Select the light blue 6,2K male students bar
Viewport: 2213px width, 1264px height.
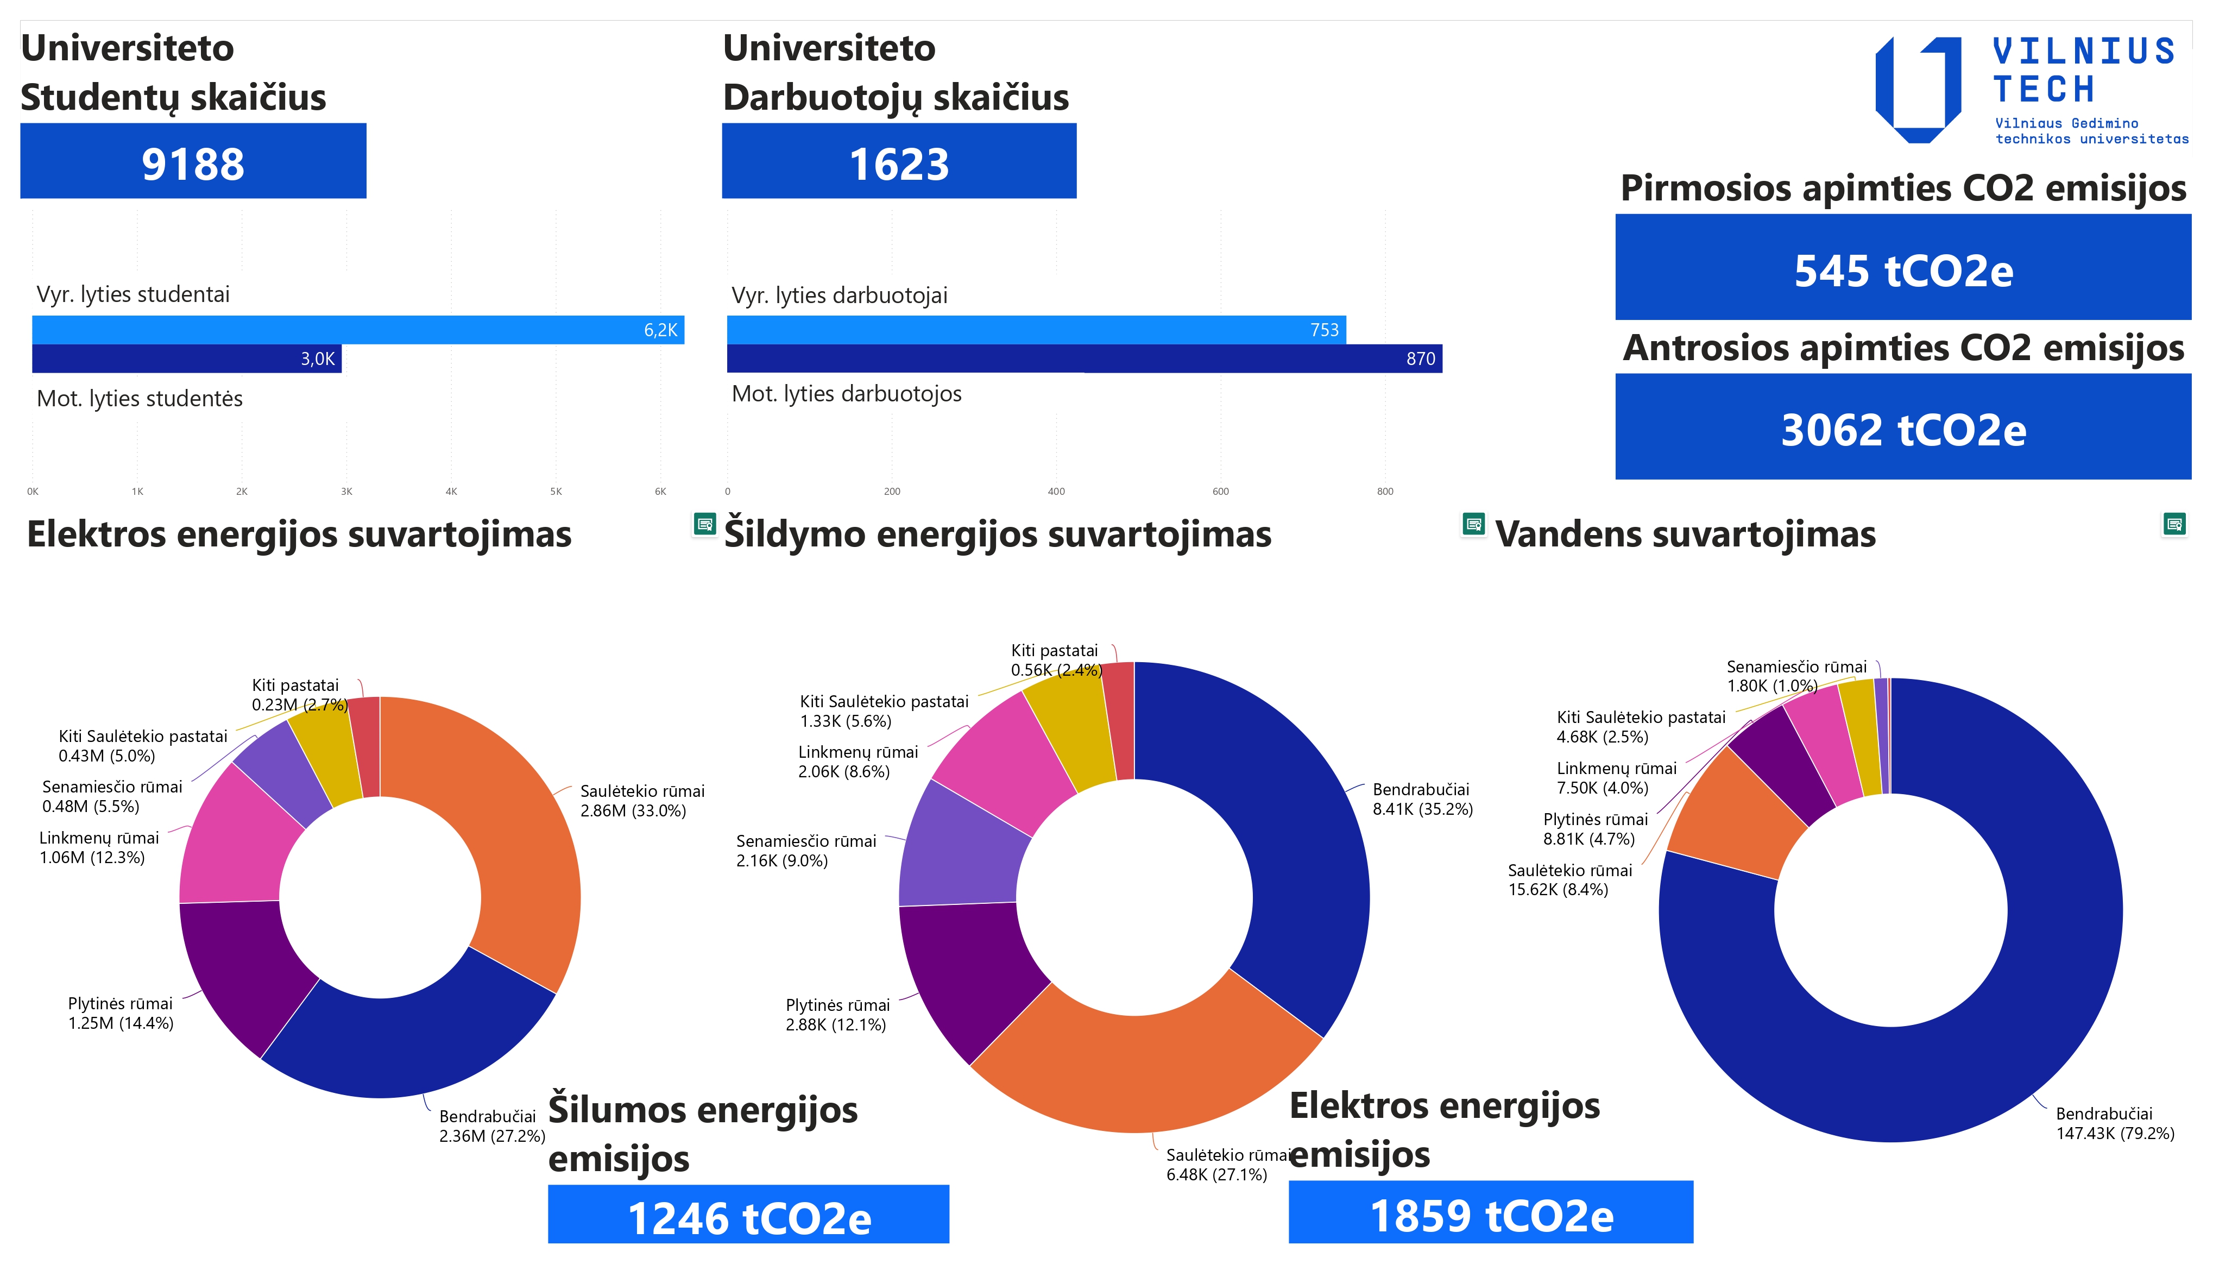tap(357, 329)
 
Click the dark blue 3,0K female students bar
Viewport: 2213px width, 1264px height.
tap(187, 359)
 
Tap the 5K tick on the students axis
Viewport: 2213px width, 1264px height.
tap(556, 492)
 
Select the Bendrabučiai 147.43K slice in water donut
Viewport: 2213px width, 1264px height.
tap(1996, 1042)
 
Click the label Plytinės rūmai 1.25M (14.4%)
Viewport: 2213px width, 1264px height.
tap(121, 1013)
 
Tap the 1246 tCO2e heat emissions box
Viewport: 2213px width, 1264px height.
tap(748, 1216)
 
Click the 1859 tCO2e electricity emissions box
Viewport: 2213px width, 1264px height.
tap(1490, 1213)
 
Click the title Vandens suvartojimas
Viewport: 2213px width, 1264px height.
tap(1685, 534)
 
